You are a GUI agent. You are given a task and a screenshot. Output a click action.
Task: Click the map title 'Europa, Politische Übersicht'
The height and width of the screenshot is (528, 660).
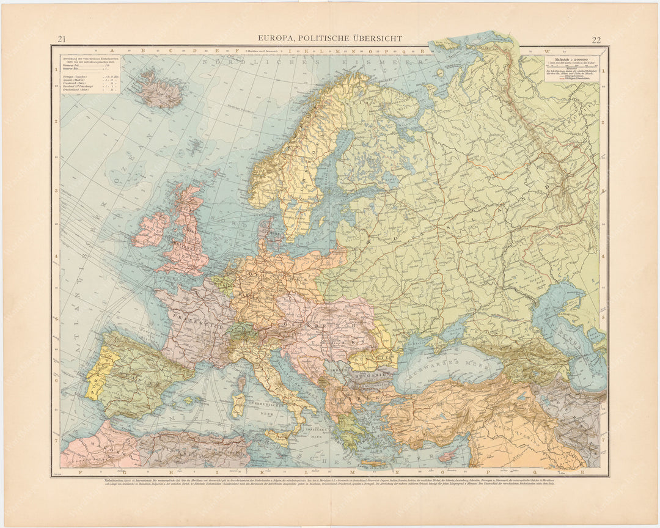tap(330, 38)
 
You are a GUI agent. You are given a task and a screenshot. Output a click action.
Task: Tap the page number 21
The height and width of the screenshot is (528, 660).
tap(62, 40)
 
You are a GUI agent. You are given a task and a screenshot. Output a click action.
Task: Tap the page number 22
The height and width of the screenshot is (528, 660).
tap(596, 40)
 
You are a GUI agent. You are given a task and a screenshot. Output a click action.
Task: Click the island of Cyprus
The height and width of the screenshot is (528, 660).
tap(448, 456)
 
